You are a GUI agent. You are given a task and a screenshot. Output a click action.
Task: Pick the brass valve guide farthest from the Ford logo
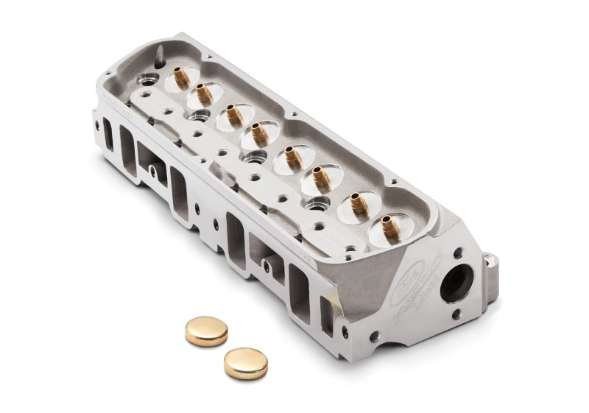(x=180, y=75)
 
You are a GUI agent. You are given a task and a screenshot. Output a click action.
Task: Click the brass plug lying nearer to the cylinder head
(x=206, y=331)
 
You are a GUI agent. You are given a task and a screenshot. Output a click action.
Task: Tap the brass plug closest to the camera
(x=245, y=363)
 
